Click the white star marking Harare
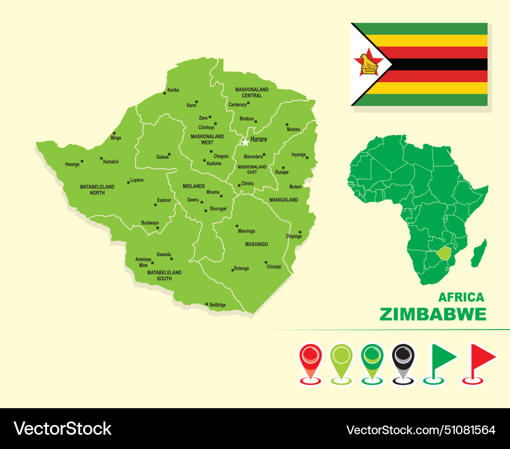(x=245, y=142)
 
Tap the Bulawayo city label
(x=150, y=223)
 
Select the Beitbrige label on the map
(x=217, y=305)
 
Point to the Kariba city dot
(x=165, y=93)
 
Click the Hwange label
(x=72, y=164)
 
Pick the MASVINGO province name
(x=256, y=244)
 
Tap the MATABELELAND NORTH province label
(x=97, y=190)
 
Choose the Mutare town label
(x=295, y=187)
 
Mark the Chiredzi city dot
(x=266, y=263)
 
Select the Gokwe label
(x=162, y=157)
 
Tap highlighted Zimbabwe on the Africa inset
(x=445, y=253)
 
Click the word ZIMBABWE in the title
(x=432, y=314)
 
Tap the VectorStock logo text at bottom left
(x=62, y=429)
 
